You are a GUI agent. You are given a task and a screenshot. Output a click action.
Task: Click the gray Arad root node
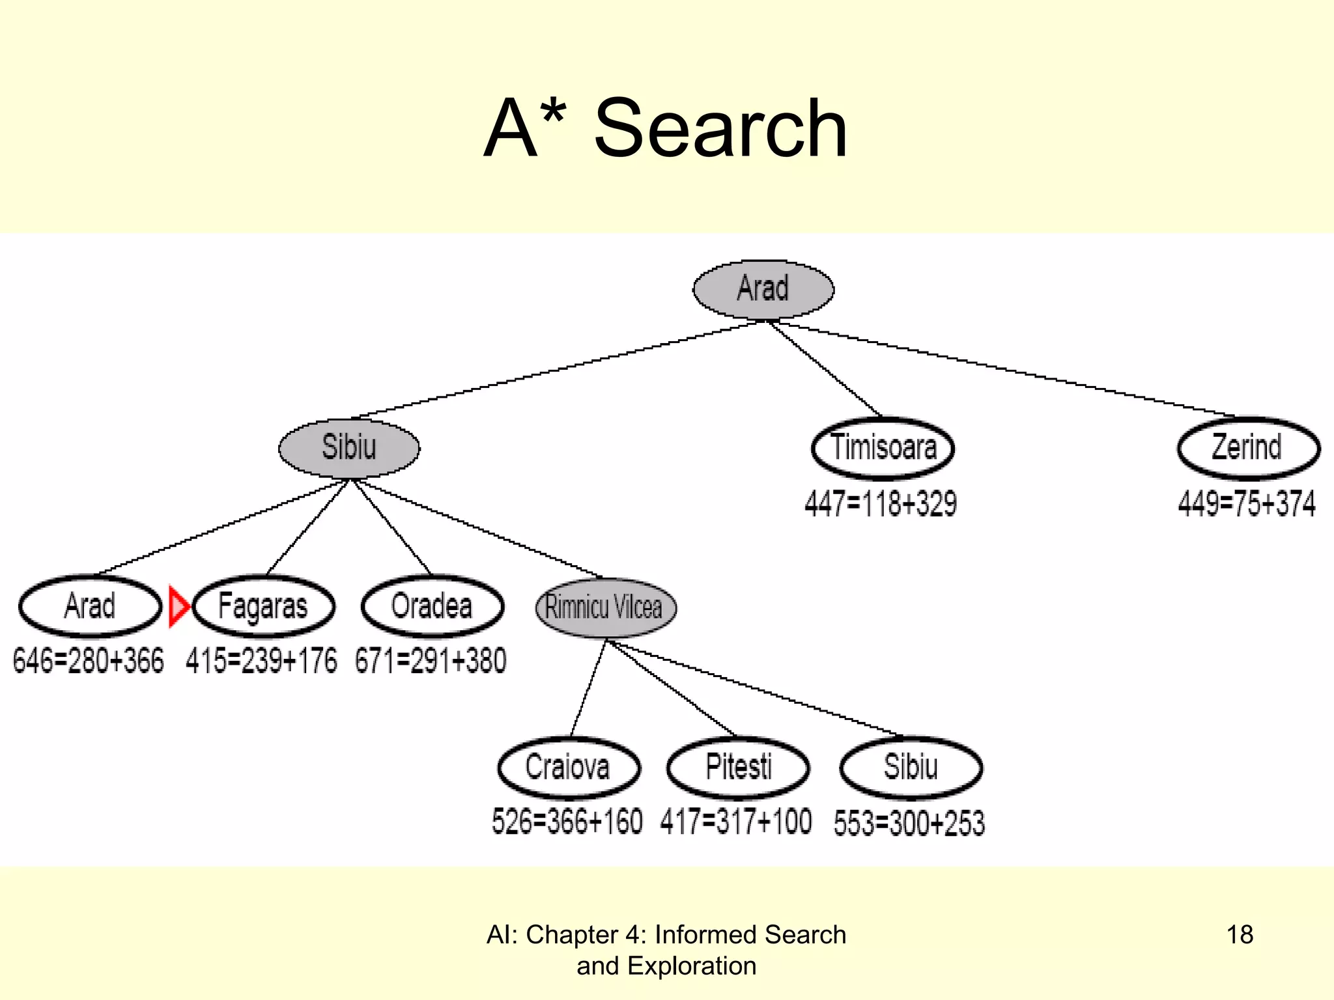click(x=763, y=289)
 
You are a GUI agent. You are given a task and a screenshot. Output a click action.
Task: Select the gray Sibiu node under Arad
click(x=349, y=448)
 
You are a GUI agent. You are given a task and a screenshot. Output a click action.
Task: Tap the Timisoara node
click(x=883, y=448)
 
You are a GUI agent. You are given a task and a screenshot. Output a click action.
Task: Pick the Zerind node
click(x=1248, y=448)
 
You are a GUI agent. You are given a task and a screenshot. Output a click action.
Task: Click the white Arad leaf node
click(x=90, y=606)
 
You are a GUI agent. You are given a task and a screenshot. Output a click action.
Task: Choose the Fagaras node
click(x=263, y=606)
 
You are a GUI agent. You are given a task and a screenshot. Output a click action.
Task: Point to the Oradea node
click(x=432, y=606)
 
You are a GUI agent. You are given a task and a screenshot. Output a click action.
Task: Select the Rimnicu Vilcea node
click(x=605, y=607)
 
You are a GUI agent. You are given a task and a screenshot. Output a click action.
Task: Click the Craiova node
click(x=568, y=768)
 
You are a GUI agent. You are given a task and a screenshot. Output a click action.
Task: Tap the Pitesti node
click(x=738, y=768)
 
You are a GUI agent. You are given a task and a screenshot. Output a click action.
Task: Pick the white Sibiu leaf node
click(x=911, y=768)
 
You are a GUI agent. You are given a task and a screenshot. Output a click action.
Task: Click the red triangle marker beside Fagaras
click(x=177, y=607)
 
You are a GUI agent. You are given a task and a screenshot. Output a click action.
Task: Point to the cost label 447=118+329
click(x=881, y=504)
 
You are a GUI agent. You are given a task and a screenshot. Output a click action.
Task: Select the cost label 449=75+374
click(x=1247, y=504)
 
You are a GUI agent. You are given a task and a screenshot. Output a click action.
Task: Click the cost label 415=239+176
click(x=261, y=661)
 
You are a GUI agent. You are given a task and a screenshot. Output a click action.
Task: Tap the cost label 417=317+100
click(x=736, y=822)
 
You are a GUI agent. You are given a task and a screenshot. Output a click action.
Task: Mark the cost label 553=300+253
click(x=909, y=823)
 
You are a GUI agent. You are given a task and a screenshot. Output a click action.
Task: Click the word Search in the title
click(x=720, y=128)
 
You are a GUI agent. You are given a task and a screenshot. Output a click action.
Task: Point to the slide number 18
click(x=1240, y=935)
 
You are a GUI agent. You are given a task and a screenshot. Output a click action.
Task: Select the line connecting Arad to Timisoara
click(x=825, y=368)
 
